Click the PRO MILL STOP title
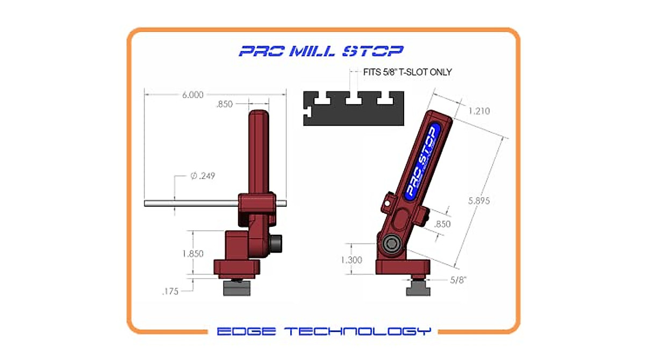point(321,51)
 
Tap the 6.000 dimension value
point(192,95)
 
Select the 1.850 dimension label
point(193,254)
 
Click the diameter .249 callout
point(203,176)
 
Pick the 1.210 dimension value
point(479,111)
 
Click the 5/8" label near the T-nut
point(457,279)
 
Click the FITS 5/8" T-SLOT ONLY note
point(403,72)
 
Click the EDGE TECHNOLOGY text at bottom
point(324,331)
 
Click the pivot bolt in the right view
point(391,245)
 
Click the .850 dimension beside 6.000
point(224,104)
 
